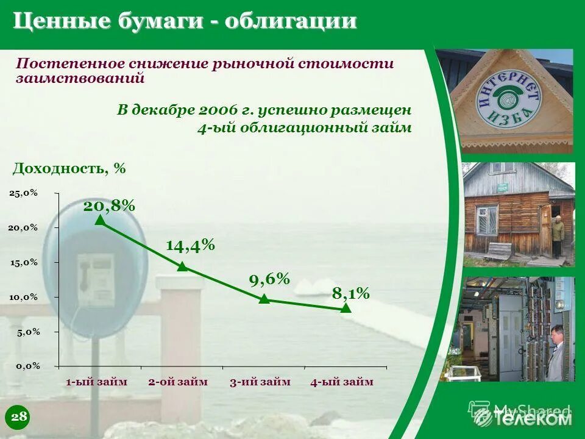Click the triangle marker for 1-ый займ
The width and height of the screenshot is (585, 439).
[x=100, y=220]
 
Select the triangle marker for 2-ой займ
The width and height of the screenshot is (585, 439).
[x=182, y=266]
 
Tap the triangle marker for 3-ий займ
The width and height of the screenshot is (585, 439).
[x=264, y=298]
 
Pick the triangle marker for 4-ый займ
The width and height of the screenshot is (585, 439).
[x=346, y=308]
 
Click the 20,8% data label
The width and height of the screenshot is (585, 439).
[x=109, y=205]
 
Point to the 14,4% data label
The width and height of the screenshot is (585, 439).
[x=190, y=245]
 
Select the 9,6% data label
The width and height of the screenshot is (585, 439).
[x=269, y=279]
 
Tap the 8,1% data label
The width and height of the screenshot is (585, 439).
[x=350, y=293]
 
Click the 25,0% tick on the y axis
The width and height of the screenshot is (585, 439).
[x=24, y=193]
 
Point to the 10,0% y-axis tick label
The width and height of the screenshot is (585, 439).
[x=24, y=297]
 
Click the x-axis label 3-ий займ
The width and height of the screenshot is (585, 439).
[x=260, y=382]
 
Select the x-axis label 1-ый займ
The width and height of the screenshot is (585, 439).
[x=97, y=382]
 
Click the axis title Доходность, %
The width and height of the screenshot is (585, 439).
[x=69, y=168]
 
